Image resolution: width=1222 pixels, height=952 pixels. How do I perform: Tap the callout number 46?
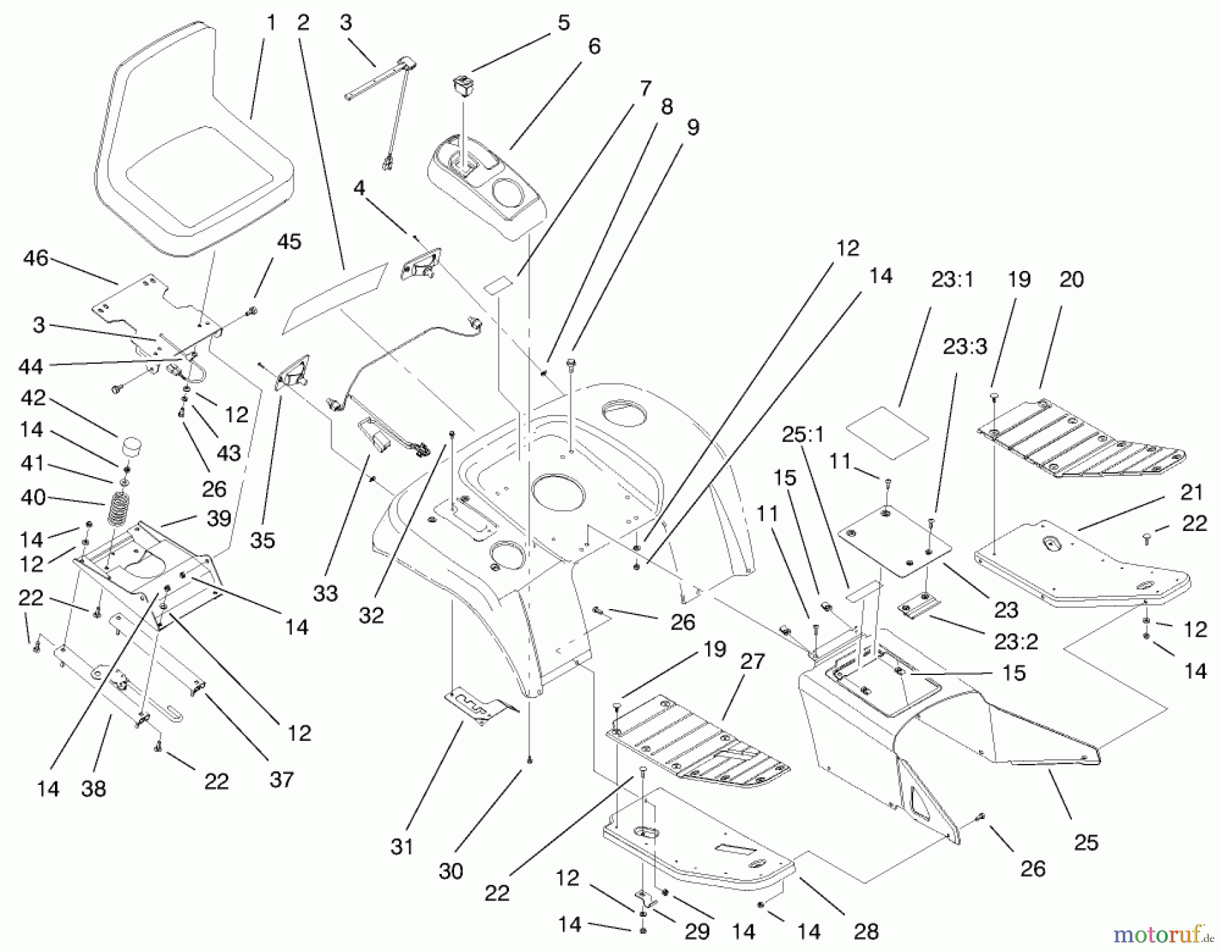(35, 259)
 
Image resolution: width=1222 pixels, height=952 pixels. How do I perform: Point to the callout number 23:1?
(952, 280)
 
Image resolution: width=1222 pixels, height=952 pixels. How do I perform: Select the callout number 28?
(866, 932)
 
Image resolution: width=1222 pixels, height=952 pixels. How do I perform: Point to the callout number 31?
(402, 847)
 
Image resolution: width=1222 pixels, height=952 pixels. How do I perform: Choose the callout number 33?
(326, 593)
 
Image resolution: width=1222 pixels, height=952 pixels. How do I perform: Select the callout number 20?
(1071, 279)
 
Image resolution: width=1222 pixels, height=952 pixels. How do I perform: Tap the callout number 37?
(281, 779)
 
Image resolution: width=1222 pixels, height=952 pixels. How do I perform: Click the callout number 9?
(692, 127)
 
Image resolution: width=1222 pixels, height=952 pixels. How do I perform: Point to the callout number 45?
(289, 242)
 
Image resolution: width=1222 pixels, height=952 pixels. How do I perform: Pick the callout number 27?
(752, 661)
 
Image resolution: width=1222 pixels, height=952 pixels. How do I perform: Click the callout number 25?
(1086, 842)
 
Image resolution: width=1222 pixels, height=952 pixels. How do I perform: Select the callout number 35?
(262, 540)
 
